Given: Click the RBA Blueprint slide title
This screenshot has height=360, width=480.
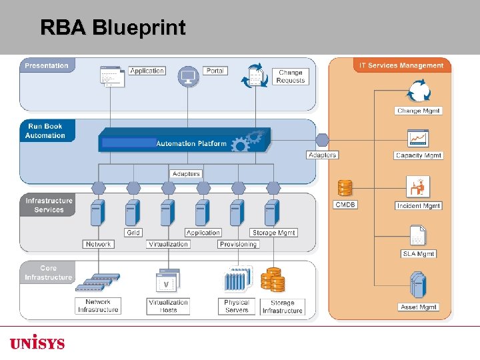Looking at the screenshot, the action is [x=113, y=27].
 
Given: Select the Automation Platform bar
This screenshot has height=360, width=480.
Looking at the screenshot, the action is [x=184, y=140].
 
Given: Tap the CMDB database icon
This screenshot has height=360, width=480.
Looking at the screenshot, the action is [x=345, y=187].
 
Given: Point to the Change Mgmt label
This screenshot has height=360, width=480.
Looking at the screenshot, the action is [x=418, y=111].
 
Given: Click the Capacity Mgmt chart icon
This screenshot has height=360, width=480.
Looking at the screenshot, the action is [x=418, y=139].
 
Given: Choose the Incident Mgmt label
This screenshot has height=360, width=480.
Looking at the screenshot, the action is [x=418, y=206].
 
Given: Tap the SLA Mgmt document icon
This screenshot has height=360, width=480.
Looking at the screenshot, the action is [x=418, y=235].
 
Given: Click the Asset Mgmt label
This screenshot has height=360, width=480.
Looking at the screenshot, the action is [x=418, y=307].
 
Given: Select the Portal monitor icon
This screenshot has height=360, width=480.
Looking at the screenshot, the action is [x=188, y=76].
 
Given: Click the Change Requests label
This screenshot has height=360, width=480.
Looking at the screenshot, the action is [x=291, y=77].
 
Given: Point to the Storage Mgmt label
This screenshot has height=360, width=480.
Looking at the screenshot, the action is [x=274, y=233].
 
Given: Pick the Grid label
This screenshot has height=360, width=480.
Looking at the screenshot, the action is [x=133, y=233].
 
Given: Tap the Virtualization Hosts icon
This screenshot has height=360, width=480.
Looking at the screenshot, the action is [x=168, y=281].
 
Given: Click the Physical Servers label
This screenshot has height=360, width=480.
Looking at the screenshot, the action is [x=236, y=306].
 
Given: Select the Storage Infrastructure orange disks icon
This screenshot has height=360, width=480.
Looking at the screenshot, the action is [x=273, y=280].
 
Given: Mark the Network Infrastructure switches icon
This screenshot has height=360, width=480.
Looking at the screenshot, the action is [x=97, y=282].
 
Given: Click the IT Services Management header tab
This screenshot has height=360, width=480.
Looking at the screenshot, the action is [x=401, y=65].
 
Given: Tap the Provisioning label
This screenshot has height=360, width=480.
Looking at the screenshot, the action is [x=238, y=244].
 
